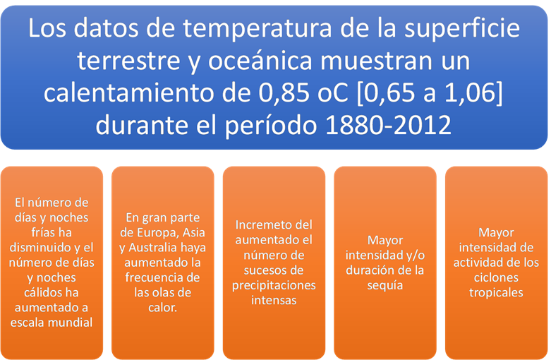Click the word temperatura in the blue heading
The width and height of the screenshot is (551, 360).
pos(257,29)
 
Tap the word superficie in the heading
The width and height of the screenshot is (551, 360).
pos(462,29)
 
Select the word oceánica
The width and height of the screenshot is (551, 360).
pos(260,61)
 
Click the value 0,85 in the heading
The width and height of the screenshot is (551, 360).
pos(284,93)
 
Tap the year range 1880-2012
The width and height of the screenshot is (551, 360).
pos(388,126)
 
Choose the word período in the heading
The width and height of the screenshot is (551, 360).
pos(271,126)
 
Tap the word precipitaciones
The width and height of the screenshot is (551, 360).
pos(274,285)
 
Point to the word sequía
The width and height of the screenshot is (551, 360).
pos(385,285)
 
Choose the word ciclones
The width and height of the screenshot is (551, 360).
pos(496,277)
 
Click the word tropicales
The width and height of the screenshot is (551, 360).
pos(496,293)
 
